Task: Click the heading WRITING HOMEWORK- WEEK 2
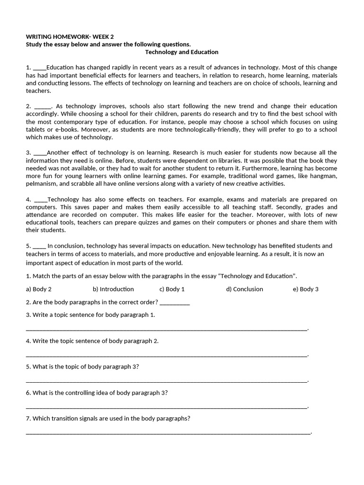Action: pos(70,36)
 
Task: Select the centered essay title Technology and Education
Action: pos(182,52)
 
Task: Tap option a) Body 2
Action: pos(39,289)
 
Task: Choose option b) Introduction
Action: pos(113,289)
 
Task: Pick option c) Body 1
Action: pos(172,289)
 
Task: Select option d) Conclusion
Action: pos(245,289)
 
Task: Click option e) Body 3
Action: pos(306,289)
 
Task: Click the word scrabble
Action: pos(88,184)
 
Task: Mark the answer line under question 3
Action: pos(166,328)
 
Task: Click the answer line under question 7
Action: pos(168,431)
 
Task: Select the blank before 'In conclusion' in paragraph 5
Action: pos(39,246)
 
